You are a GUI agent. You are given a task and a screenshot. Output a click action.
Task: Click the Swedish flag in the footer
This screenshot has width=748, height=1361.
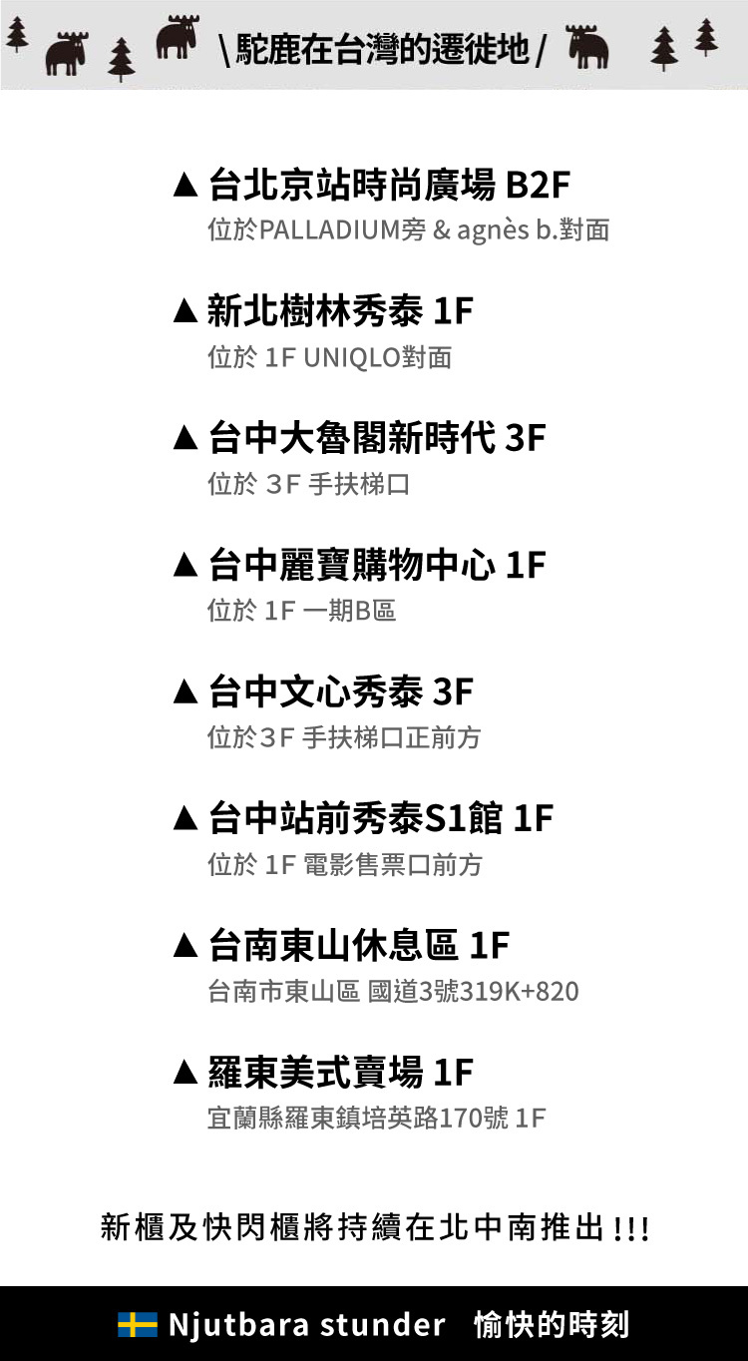[138, 1325]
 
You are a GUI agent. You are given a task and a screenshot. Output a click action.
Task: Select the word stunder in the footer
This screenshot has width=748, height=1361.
[382, 1325]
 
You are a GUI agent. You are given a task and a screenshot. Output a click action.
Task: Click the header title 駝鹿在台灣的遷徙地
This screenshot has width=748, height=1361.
[383, 48]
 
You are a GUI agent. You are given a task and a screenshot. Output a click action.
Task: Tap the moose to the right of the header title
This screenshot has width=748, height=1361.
[588, 47]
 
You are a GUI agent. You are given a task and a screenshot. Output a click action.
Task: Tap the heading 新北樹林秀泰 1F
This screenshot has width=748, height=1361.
[340, 311]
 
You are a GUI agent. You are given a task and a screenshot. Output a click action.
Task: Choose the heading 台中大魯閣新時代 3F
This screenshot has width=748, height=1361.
[377, 438]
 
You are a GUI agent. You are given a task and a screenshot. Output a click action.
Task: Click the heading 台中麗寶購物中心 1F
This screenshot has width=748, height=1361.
[377, 565]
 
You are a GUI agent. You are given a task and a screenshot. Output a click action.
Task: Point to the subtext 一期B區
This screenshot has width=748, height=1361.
[349, 611]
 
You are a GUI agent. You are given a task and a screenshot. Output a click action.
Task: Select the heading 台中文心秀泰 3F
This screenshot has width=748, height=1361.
[340, 691]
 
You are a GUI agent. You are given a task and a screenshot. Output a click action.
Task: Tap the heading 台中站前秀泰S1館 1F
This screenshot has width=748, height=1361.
[380, 818]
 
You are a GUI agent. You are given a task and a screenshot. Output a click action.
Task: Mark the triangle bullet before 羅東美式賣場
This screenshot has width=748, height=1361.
[186, 1074]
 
